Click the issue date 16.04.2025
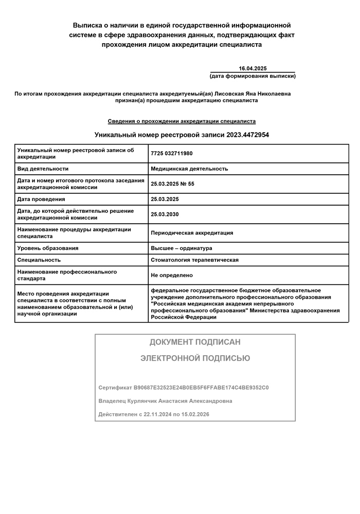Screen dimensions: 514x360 coord(253,69)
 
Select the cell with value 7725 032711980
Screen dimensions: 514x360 coord(172,154)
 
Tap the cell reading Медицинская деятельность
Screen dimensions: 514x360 coord(189,169)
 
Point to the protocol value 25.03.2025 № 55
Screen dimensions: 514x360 coord(172,184)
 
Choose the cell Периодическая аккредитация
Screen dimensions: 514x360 coord(192,233)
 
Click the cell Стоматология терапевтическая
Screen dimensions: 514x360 coord(194,260)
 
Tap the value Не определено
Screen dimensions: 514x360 coord(172,276)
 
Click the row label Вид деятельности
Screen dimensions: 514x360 coord(43,169)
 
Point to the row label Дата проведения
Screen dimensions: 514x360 coord(41,199)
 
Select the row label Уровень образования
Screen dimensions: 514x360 coord(48,248)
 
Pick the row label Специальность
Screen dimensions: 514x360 coord(39,260)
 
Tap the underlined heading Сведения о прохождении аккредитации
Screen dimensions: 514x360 coord(182,121)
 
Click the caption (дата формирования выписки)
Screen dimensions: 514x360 coord(253,76)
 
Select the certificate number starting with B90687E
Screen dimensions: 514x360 coord(201,388)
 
